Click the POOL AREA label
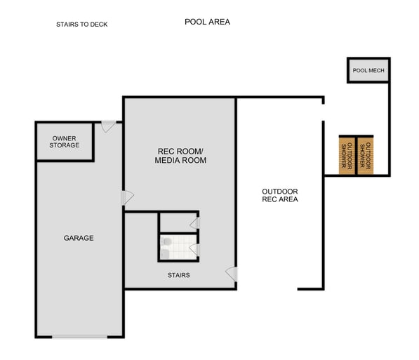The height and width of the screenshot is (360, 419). tap(207, 22)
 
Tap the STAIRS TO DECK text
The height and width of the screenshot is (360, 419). tap(82, 25)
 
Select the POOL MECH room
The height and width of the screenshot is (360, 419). tap(368, 71)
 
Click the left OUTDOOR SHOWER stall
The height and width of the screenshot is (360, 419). tap(347, 155)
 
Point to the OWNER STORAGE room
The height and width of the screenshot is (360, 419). tap(65, 142)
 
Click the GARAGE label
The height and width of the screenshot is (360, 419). tap(79, 238)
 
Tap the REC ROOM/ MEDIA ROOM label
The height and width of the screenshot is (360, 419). tap(180, 156)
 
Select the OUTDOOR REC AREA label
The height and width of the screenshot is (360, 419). tap(280, 195)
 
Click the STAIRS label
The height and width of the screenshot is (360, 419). tap(178, 275)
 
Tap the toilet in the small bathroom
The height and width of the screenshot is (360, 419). tap(166, 242)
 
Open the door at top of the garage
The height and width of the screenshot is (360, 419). tap(108, 127)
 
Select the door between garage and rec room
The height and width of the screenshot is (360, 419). tap(127, 198)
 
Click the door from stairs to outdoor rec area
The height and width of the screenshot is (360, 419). tap(231, 274)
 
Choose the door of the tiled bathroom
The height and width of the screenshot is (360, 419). tap(196, 248)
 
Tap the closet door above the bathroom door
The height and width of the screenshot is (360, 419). tap(195, 223)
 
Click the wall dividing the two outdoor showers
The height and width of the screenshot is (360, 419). tap(356, 155)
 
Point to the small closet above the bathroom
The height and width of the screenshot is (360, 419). tap(177, 222)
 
